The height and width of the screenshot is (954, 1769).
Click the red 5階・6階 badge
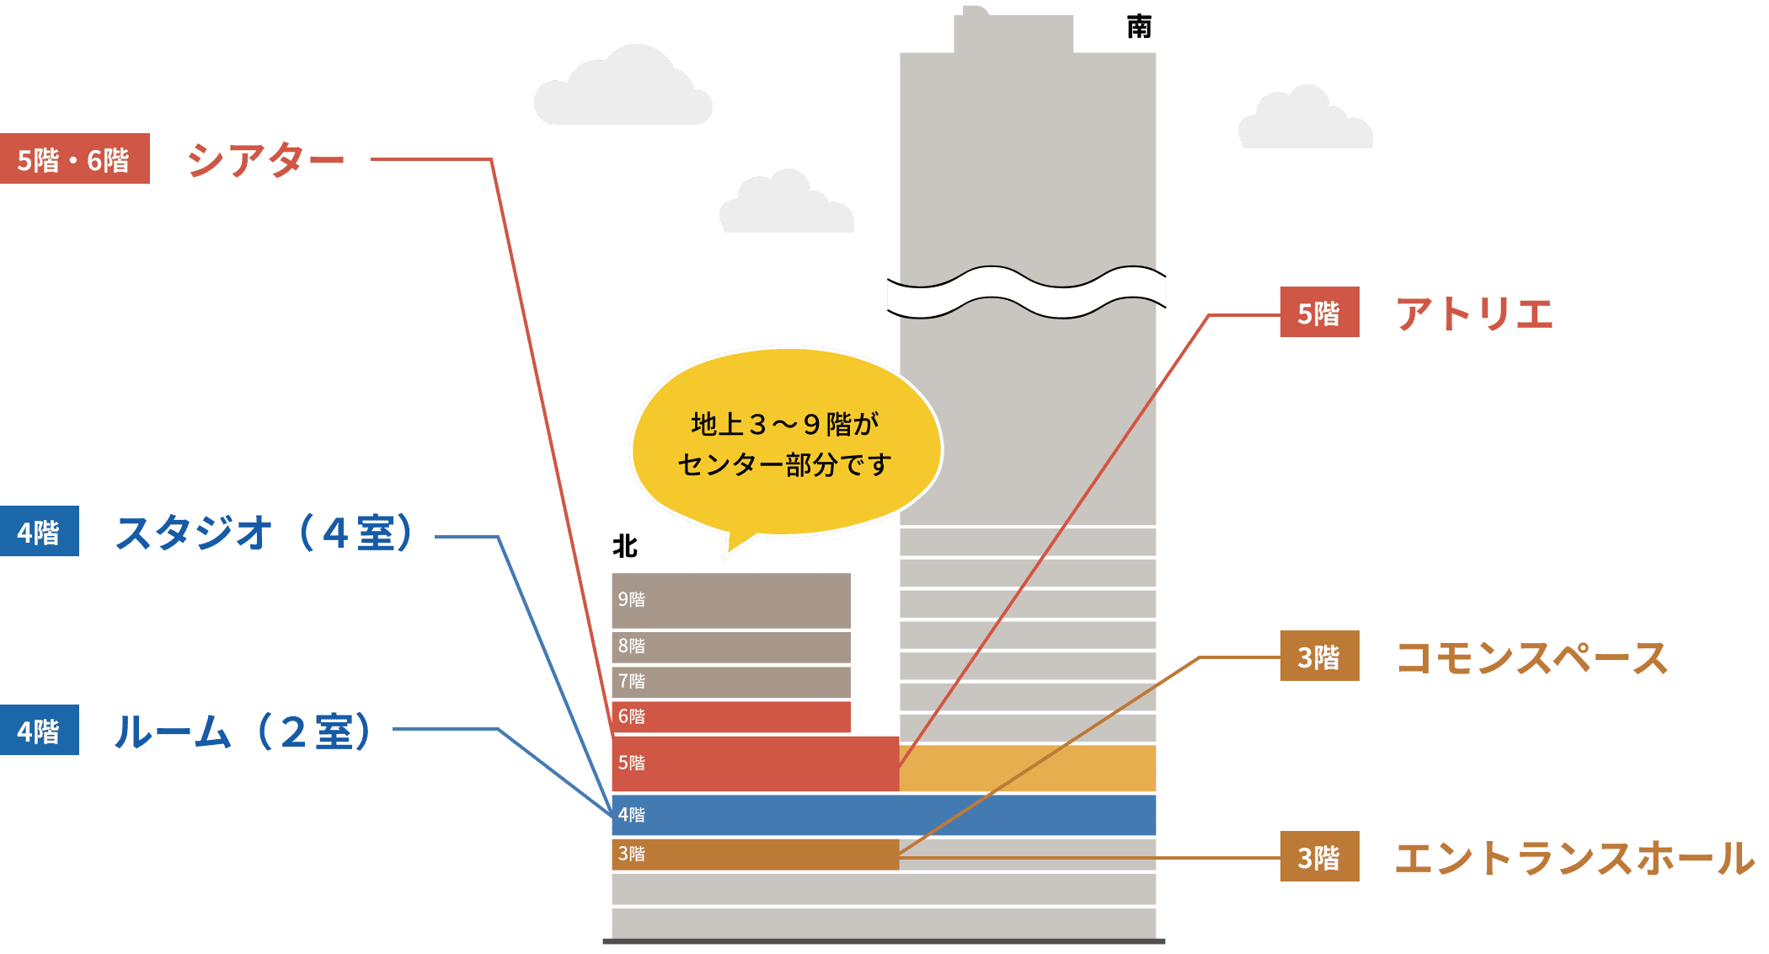(74, 158)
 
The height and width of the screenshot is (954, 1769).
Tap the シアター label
(265, 159)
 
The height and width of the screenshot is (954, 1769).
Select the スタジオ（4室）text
(264, 533)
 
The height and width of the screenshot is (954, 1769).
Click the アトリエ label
(1474, 314)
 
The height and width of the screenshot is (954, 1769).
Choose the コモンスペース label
(1531, 657)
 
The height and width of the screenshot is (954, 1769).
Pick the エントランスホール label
(1574, 858)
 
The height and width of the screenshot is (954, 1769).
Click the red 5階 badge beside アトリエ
(1319, 313)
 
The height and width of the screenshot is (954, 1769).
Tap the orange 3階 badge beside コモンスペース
(1319, 656)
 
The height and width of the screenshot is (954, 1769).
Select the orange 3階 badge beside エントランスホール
(1319, 857)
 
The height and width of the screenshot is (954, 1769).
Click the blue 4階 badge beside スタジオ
(40, 531)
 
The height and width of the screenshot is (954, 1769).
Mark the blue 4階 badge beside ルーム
(40, 730)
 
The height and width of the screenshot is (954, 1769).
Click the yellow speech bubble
(785, 442)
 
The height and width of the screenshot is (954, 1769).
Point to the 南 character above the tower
(1139, 28)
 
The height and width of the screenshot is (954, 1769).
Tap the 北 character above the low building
(624, 546)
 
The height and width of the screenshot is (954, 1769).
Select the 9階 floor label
(632, 599)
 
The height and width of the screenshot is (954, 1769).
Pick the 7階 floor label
(632, 681)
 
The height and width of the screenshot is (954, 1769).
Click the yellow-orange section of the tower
(1028, 768)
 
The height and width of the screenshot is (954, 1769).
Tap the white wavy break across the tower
(1026, 292)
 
